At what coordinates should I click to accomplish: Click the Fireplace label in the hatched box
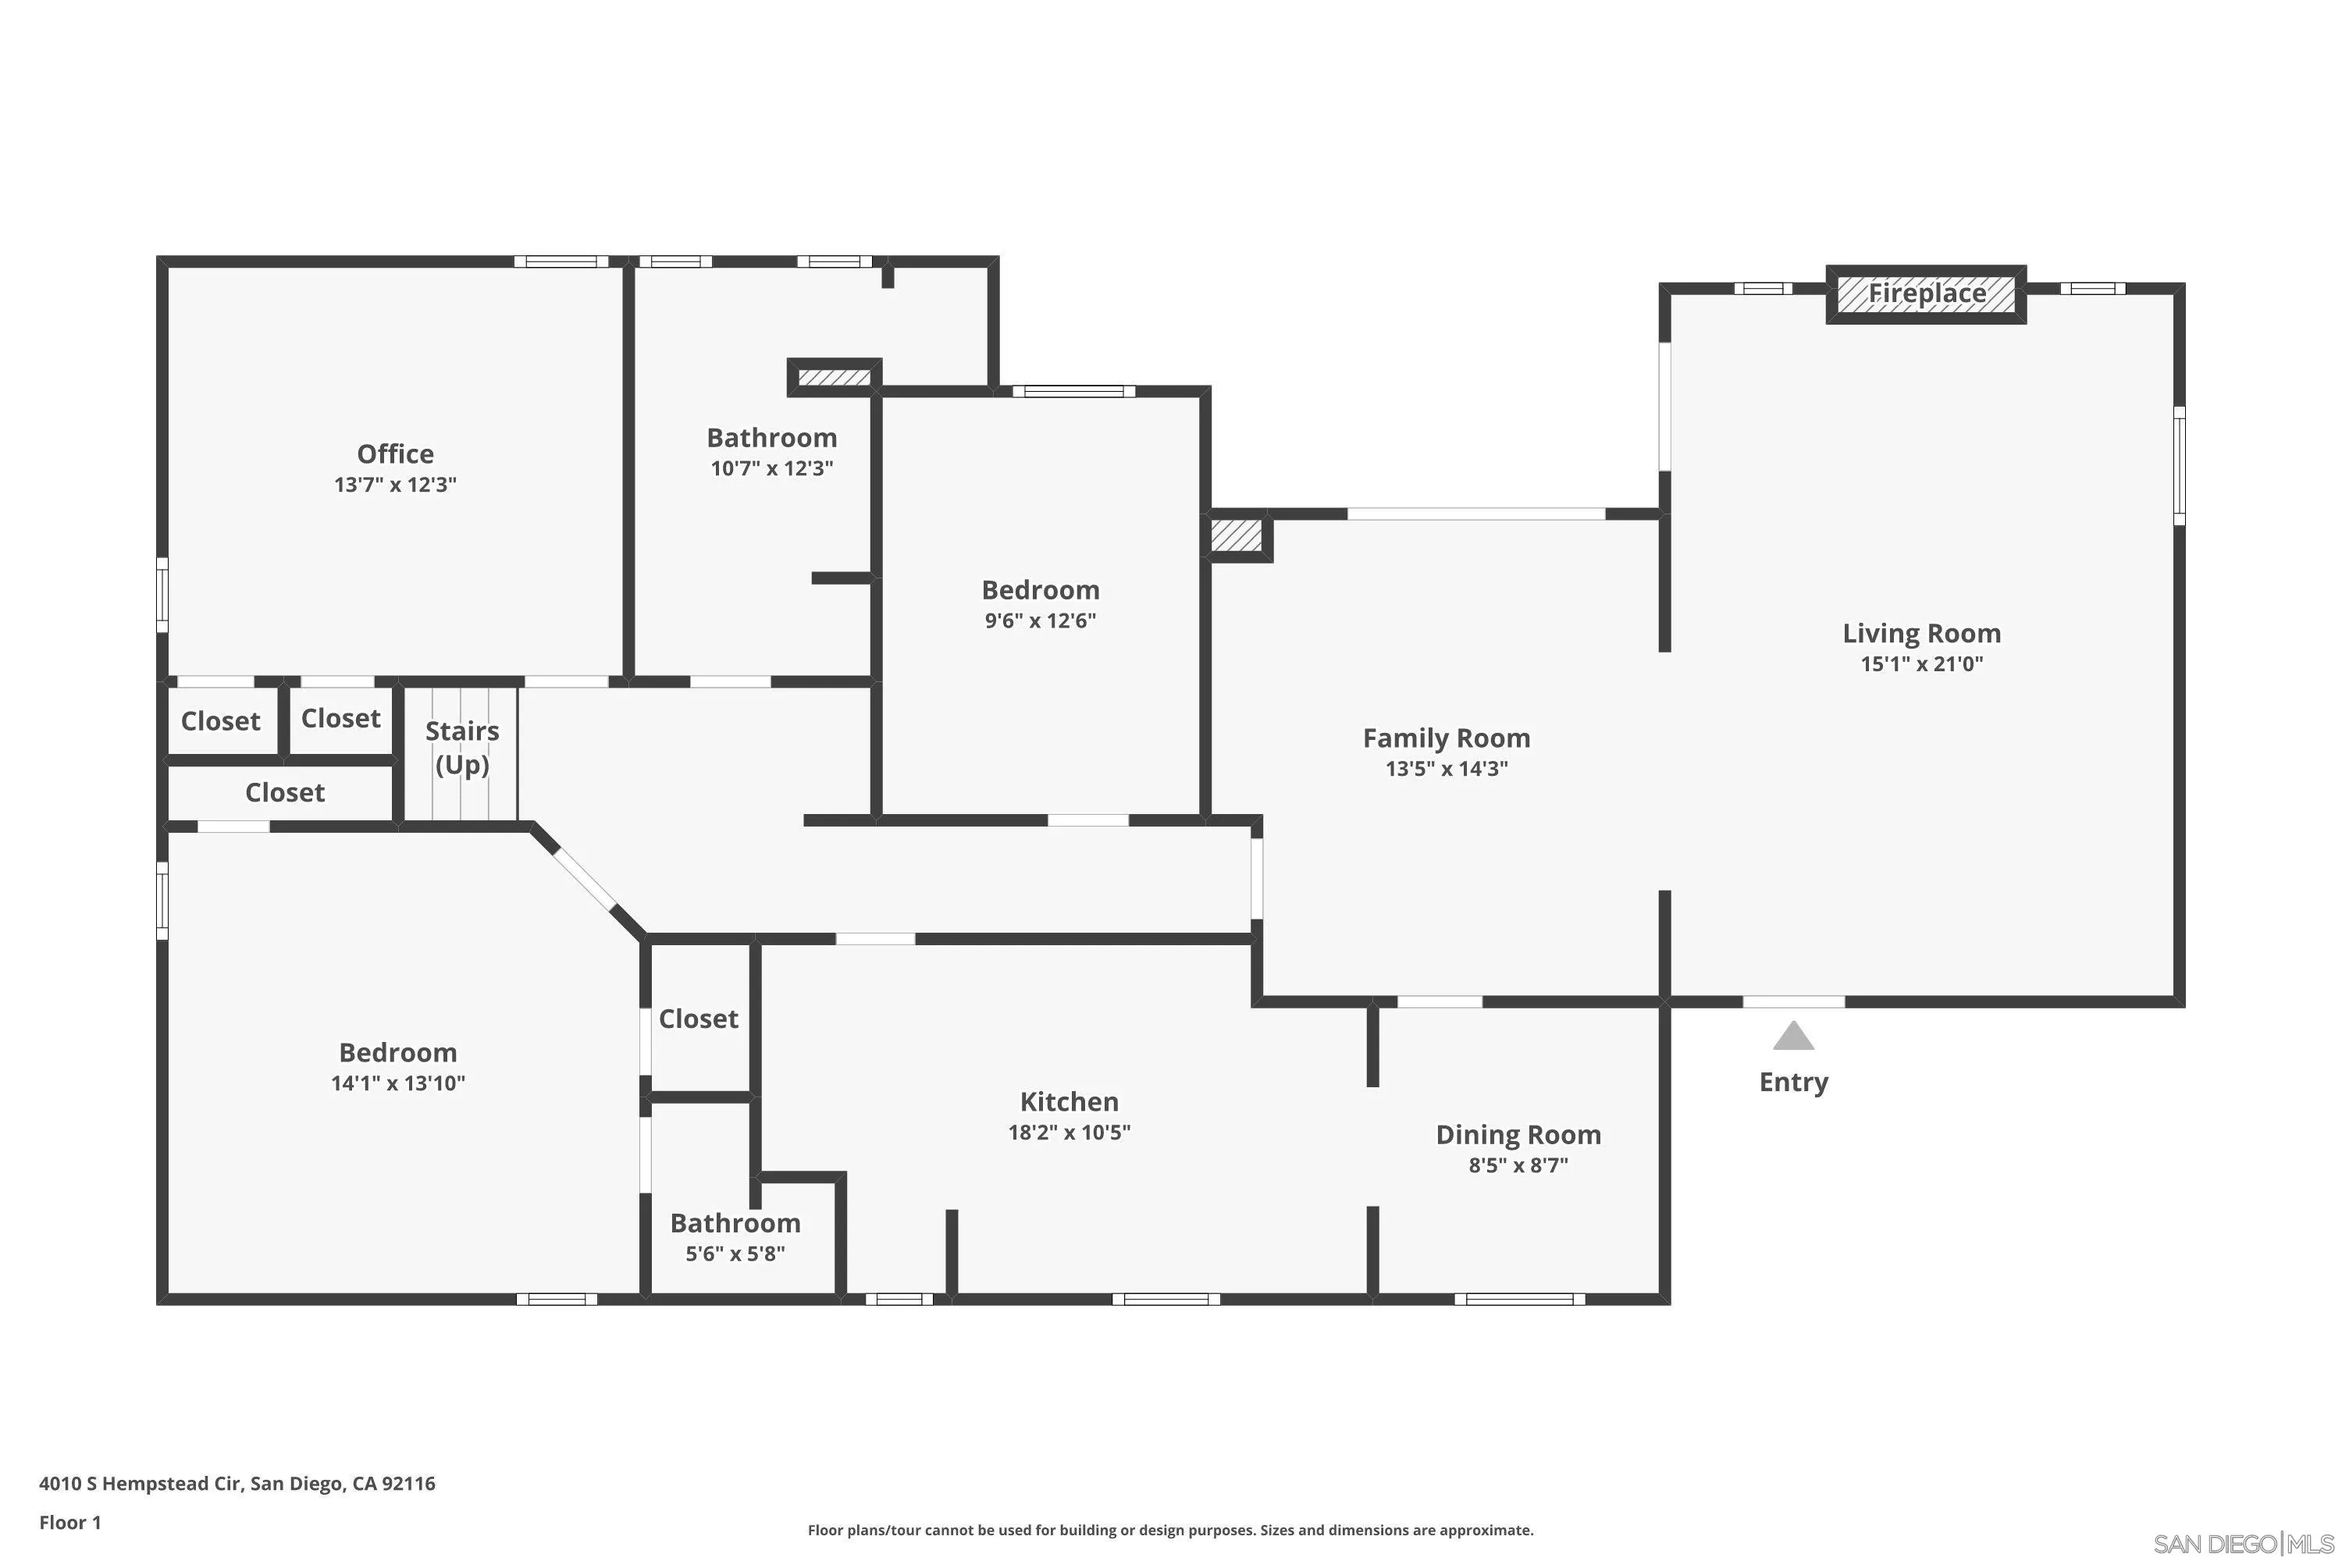(x=1926, y=293)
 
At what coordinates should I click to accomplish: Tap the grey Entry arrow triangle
(x=1792, y=1037)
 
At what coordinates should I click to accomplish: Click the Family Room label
(x=1446, y=738)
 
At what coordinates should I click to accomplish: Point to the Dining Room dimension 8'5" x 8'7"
(x=1518, y=1165)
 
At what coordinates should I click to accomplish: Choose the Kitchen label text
(x=1069, y=1101)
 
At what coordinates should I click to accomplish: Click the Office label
(x=395, y=454)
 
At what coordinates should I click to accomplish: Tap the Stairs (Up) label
(x=462, y=747)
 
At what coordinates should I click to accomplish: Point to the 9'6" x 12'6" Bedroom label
(x=1040, y=589)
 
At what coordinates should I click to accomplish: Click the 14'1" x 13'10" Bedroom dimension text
(x=397, y=1083)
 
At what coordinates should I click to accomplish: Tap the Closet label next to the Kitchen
(x=698, y=1019)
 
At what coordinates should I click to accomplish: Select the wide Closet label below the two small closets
(x=285, y=792)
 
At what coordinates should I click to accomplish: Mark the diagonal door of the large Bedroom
(x=585, y=879)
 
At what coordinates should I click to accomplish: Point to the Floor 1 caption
(x=69, y=1522)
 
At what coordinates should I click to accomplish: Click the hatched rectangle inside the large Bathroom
(x=835, y=377)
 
